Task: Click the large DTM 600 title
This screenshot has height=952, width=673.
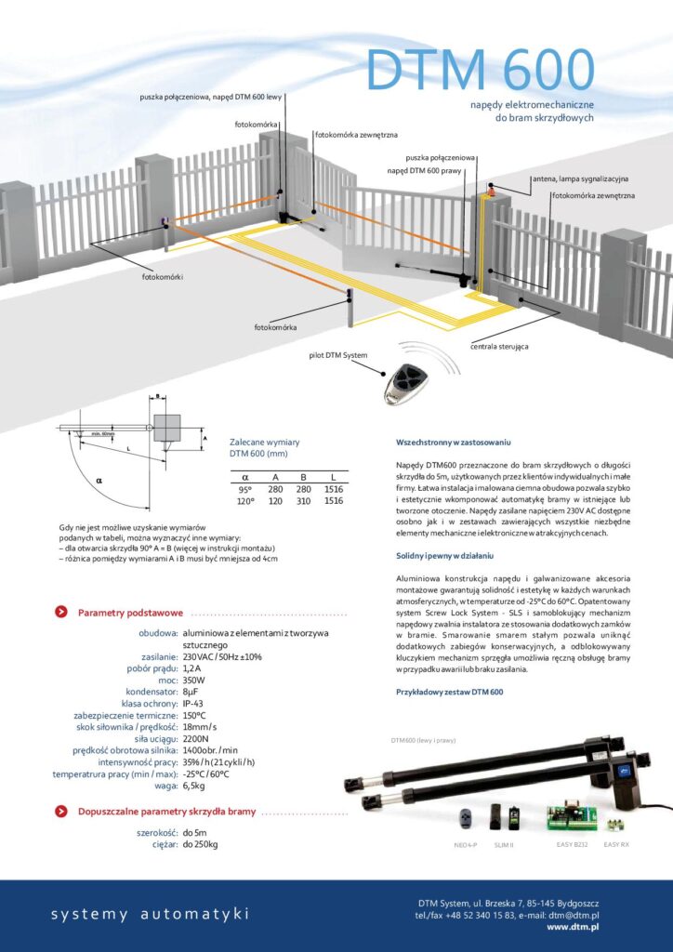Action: click(x=479, y=69)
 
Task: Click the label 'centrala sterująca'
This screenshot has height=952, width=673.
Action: click(x=499, y=346)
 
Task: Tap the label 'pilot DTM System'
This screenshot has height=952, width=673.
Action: click(x=338, y=355)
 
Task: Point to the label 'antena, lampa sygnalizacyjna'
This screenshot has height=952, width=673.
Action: click(x=580, y=178)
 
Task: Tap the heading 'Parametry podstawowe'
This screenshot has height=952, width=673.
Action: click(x=130, y=613)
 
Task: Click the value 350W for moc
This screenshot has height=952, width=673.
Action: click(x=196, y=681)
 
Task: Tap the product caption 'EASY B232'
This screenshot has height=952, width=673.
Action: click(x=573, y=843)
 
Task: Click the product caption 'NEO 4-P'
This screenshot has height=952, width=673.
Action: click(x=466, y=844)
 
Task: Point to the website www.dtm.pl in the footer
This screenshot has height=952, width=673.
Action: click(x=572, y=927)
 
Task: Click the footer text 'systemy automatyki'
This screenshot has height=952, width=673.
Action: click(x=150, y=915)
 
